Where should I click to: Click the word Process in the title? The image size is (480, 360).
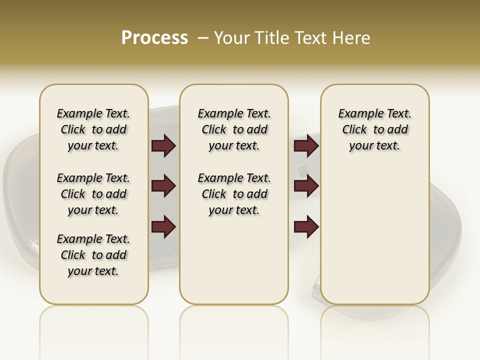click(x=154, y=37)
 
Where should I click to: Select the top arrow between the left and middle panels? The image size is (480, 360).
click(x=163, y=145)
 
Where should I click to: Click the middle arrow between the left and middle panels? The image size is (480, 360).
click(x=163, y=186)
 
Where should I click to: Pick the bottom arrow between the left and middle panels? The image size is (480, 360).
click(x=163, y=226)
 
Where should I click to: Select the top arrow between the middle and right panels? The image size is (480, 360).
click(x=306, y=145)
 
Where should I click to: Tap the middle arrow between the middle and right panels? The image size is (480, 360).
click(x=306, y=186)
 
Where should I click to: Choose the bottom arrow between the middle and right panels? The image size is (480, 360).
click(x=306, y=226)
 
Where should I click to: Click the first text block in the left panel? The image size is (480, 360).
click(x=93, y=129)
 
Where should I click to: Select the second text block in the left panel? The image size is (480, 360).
click(x=93, y=194)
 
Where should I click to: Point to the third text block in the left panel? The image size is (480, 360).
click(x=93, y=255)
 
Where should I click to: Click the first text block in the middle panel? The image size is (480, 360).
click(x=234, y=129)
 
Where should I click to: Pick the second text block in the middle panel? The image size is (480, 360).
click(x=234, y=194)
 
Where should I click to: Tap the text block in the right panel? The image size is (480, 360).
click(x=375, y=129)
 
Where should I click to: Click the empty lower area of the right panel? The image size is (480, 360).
click(x=375, y=240)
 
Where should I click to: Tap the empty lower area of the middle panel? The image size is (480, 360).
click(x=234, y=260)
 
